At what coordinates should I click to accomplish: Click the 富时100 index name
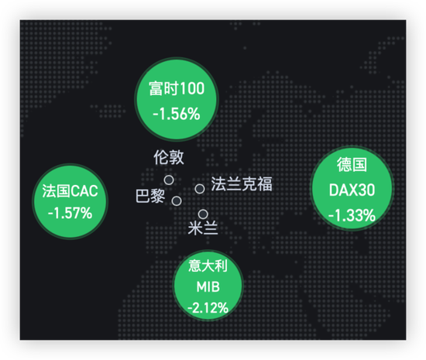click(177, 88)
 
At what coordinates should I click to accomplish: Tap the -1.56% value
click(177, 114)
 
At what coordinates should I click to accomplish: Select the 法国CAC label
click(70, 191)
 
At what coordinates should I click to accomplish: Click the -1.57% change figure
click(70, 213)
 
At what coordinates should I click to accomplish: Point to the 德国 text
click(352, 165)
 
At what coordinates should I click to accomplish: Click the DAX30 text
click(352, 190)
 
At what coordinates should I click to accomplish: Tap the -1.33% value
click(352, 215)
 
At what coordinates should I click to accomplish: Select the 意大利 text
click(208, 266)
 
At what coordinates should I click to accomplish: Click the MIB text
click(208, 286)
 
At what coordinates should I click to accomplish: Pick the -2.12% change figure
click(208, 308)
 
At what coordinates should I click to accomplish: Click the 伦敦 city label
click(169, 157)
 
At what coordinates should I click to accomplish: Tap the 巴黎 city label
click(150, 196)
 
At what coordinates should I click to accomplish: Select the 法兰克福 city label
click(242, 183)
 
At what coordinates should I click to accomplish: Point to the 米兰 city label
click(203, 228)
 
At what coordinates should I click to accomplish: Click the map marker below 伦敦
click(169, 180)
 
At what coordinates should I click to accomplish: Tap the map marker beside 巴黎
click(177, 201)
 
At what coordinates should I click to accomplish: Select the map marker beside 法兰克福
click(200, 189)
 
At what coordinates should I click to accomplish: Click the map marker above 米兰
click(203, 214)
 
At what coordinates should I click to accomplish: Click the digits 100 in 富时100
click(192, 88)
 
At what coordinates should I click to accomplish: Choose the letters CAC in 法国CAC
click(85, 191)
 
